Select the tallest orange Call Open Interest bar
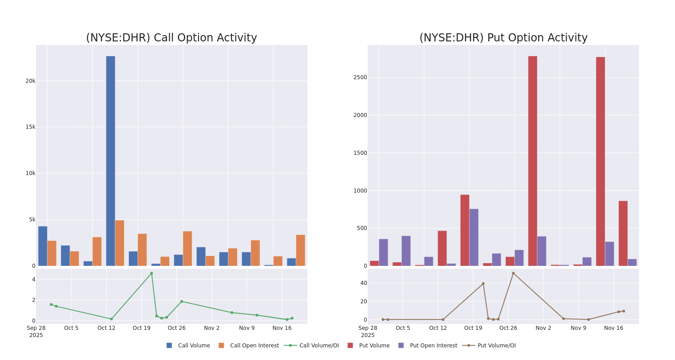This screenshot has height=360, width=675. (x=119, y=243)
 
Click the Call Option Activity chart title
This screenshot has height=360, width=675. (x=171, y=38)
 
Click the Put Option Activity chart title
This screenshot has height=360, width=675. (x=503, y=38)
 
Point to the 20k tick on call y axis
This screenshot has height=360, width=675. (x=30, y=81)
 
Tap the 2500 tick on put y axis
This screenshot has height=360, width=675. (x=360, y=77)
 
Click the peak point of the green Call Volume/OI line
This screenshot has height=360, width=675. (x=151, y=273)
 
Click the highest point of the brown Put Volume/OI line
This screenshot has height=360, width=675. (x=513, y=273)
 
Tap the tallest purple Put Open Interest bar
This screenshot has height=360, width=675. (x=474, y=237)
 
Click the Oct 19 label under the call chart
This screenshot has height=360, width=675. (x=141, y=328)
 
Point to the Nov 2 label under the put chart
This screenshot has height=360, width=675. (x=543, y=328)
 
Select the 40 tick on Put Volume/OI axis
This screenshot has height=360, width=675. (x=363, y=283)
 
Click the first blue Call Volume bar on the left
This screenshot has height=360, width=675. (x=43, y=246)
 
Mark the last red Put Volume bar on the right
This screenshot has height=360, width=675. (x=623, y=234)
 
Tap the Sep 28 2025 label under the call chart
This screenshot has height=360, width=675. (x=36, y=331)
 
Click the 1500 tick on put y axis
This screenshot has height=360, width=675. (x=360, y=153)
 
